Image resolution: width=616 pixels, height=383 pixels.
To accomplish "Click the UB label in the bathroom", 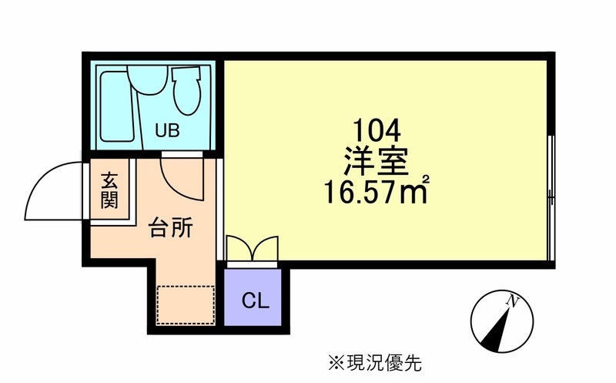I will click(x=167, y=130).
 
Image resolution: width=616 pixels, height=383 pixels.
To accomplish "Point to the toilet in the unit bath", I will click(x=186, y=90).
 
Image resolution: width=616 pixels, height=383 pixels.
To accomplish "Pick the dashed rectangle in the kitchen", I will click(x=184, y=304).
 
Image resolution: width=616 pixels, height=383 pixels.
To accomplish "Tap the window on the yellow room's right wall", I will click(x=551, y=198).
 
